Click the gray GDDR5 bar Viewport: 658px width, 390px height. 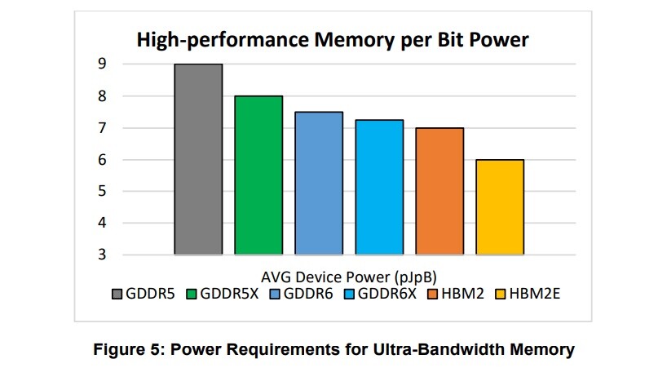point(198,159)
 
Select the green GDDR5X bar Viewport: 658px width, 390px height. point(258,175)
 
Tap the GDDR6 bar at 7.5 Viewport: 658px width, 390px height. point(319,184)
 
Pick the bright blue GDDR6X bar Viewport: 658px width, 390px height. point(379,188)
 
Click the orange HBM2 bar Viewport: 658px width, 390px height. point(439,192)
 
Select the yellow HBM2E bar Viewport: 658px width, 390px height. point(500,207)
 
